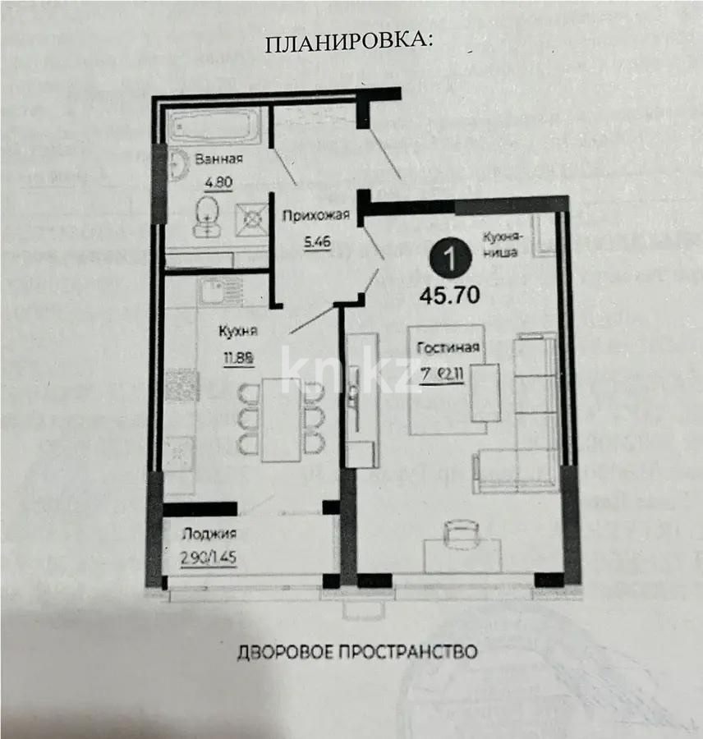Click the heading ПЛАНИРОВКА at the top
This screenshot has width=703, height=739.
(x=348, y=44)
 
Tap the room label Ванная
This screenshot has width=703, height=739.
(x=219, y=159)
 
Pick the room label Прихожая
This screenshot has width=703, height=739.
(x=316, y=216)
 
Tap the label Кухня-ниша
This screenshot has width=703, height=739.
(x=499, y=246)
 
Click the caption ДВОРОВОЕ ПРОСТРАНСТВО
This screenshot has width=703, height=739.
(x=357, y=653)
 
